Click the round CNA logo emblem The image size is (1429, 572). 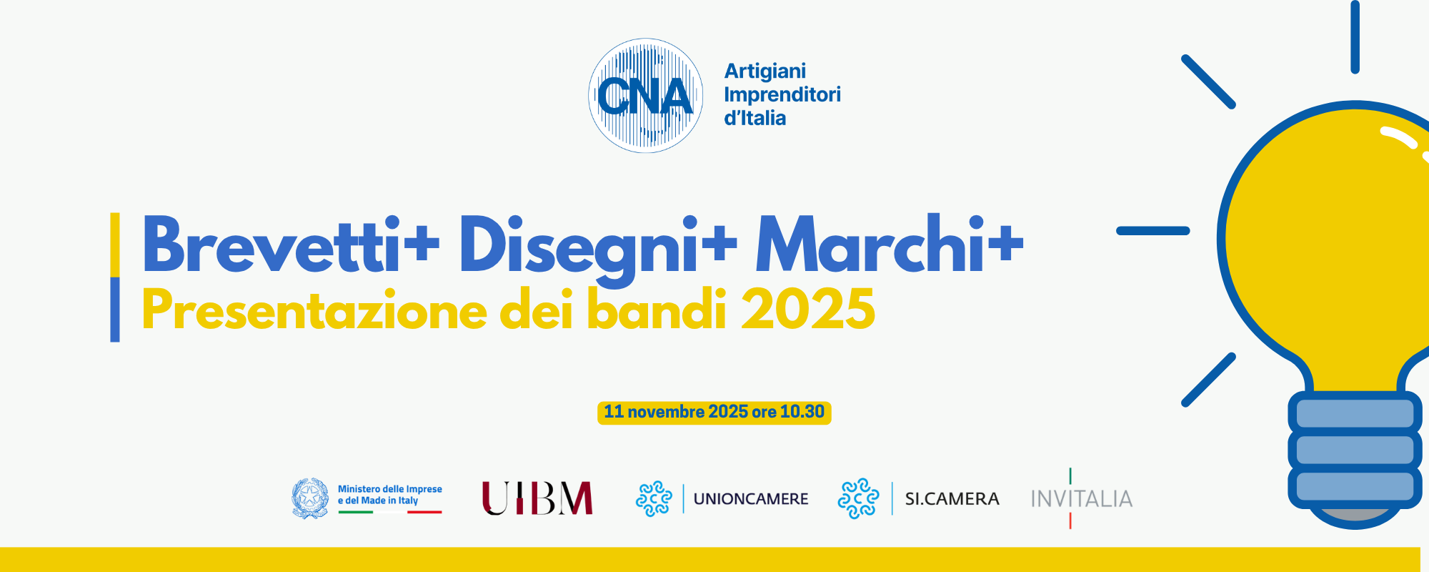tap(645, 95)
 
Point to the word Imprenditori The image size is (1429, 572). tap(782, 94)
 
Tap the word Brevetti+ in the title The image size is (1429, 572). tap(291, 245)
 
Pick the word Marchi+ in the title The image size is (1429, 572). tap(890, 244)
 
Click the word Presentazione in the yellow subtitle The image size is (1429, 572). tap(314, 310)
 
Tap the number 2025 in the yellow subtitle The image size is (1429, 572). tap(808, 309)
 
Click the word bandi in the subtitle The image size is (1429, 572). tap(657, 309)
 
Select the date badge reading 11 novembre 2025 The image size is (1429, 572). tap(714, 413)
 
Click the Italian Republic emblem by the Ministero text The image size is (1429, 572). tap(310, 498)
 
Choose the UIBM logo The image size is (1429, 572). tap(537, 498)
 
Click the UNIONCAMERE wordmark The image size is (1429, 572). tap(751, 499)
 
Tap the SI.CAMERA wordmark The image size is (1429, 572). tap(952, 499)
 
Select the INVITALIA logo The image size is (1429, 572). tap(1081, 498)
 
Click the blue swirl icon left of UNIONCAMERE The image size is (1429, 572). tap(654, 498)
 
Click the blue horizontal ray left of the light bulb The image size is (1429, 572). tap(1153, 231)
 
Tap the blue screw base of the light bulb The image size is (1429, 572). tap(1355, 450)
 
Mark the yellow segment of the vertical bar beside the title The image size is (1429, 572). tap(115, 245)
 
